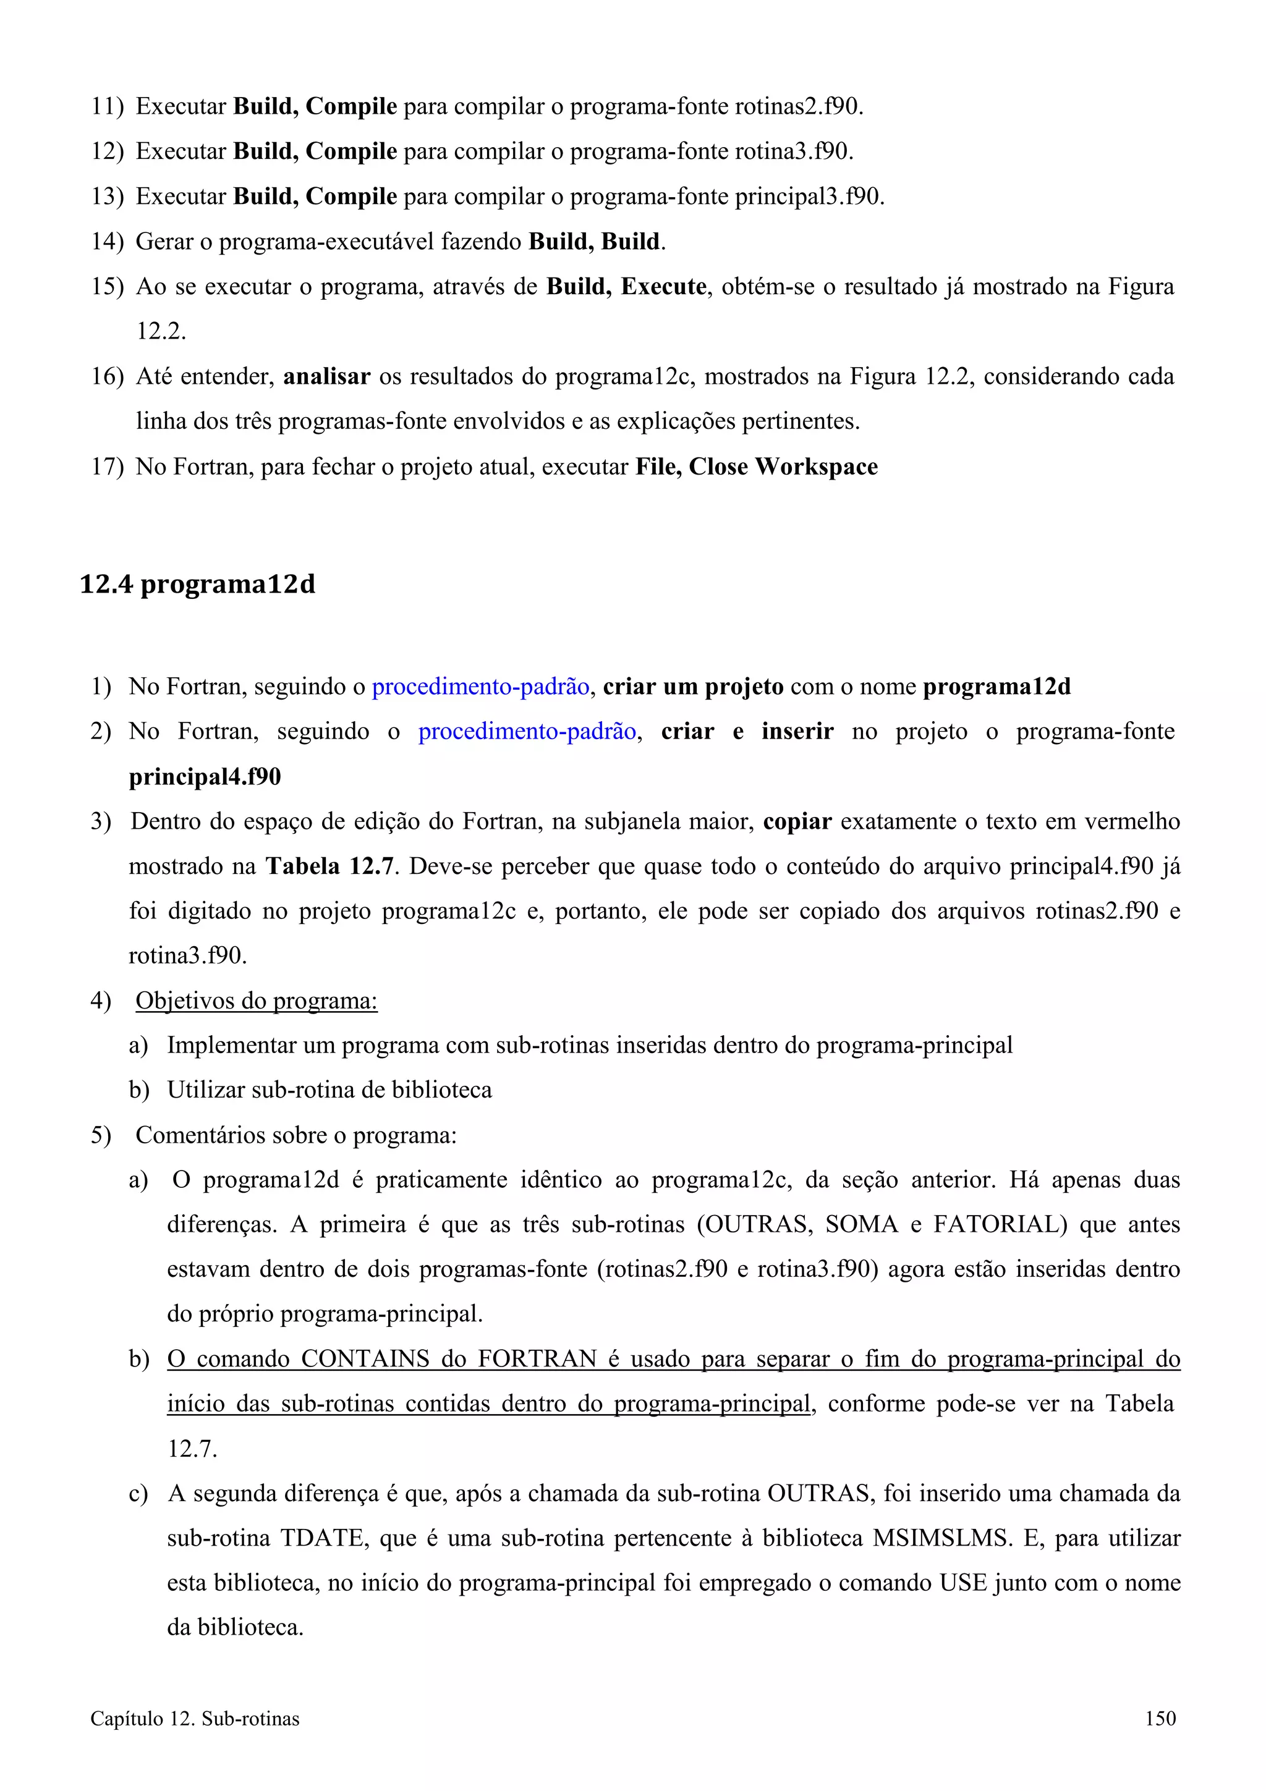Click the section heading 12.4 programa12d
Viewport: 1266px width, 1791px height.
tap(197, 584)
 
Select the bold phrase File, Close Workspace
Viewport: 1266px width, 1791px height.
tap(756, 467)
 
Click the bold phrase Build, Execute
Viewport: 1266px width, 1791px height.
tap(626, 286)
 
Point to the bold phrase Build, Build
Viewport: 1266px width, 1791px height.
tap(595, 241)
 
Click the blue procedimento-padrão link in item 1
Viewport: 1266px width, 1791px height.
tap(480, 687)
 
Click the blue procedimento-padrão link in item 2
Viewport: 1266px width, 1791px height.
tap(527, 731)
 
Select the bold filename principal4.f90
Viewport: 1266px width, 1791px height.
tap(205, 776)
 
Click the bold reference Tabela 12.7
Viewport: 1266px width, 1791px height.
tap(328, 866)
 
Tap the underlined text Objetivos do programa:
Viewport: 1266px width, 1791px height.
tap(256, 1001)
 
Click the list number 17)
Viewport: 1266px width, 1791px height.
tap(107, 467)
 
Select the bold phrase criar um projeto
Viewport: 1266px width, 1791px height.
tap(693, 687)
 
